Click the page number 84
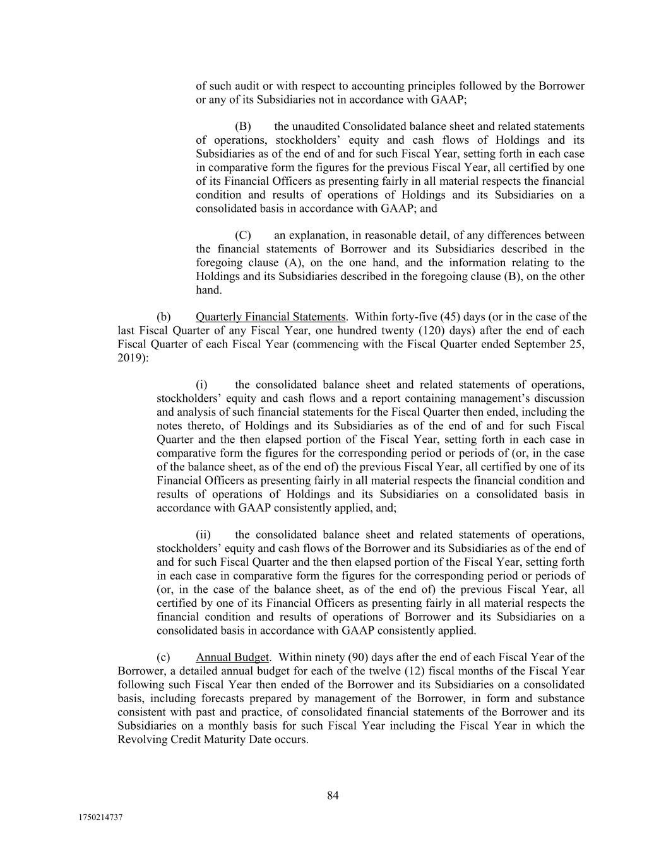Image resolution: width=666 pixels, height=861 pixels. click(x=333, y=795)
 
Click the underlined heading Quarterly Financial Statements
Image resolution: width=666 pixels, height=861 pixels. click(x=271, y=317)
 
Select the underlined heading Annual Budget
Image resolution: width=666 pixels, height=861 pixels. click(x=232, y=657)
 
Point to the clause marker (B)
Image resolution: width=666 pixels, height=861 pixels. click(x=243, y=126)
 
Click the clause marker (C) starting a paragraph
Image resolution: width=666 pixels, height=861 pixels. click(x=243, y=235)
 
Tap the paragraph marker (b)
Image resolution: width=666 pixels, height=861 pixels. click(x=164, y=317)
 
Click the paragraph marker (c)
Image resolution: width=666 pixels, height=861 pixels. click(x=164, y=657)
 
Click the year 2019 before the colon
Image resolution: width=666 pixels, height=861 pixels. click(x=130, y=358)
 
